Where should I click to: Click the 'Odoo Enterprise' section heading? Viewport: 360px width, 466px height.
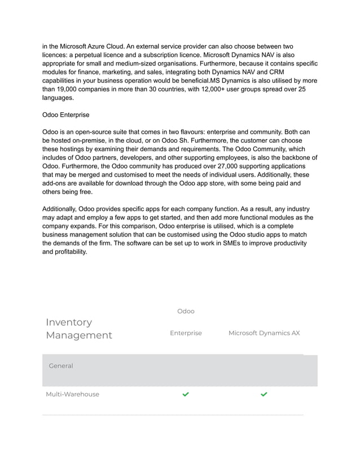tap(66, 115)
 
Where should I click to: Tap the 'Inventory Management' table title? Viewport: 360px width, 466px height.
tap(78, 328)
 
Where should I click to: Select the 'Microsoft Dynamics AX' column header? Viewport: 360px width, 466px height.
tap(264, 333)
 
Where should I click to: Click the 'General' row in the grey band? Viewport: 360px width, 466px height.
tap(61, 366)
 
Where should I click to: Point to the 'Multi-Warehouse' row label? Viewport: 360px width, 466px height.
tap(72, 394)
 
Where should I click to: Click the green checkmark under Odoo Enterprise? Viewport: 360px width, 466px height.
tap(186, 394)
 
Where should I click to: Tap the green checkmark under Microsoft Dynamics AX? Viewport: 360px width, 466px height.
tap(264, 394)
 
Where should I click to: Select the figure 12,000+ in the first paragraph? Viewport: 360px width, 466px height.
tap(216, 89)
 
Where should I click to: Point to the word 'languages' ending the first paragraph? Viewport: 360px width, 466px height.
tap(58, 98)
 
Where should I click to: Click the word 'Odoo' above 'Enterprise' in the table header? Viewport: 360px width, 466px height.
tap(186, 311)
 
